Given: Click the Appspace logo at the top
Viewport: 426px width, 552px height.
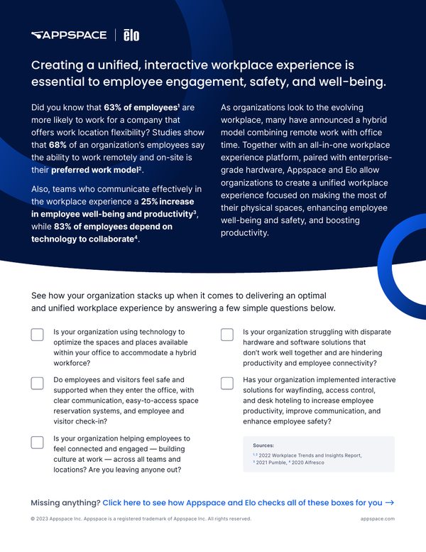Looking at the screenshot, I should (x=68, y=35).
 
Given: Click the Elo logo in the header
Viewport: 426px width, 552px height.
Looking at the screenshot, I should (x=131, y=35).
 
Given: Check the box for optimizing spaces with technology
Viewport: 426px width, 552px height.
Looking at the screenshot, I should (x=38, y=335).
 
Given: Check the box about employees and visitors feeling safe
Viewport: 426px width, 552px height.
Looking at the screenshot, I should (x=38, y=383).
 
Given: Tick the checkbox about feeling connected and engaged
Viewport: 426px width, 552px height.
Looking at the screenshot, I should (x=38, y=442).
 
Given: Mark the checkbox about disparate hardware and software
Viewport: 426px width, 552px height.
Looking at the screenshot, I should (x=227, y=335).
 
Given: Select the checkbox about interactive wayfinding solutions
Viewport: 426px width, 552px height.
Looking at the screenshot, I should (x=227, y=383).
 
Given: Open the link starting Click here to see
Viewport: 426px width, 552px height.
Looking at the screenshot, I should (x=242, y=502).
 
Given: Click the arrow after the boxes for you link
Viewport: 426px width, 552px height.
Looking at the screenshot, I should (x=390, y=502).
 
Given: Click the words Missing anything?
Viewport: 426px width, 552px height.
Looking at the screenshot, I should (x=65, y=502).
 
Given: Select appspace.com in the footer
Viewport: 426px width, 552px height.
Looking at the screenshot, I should (x=378, y=519).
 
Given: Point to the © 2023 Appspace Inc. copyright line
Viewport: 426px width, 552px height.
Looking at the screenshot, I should (x=141, y=519).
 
